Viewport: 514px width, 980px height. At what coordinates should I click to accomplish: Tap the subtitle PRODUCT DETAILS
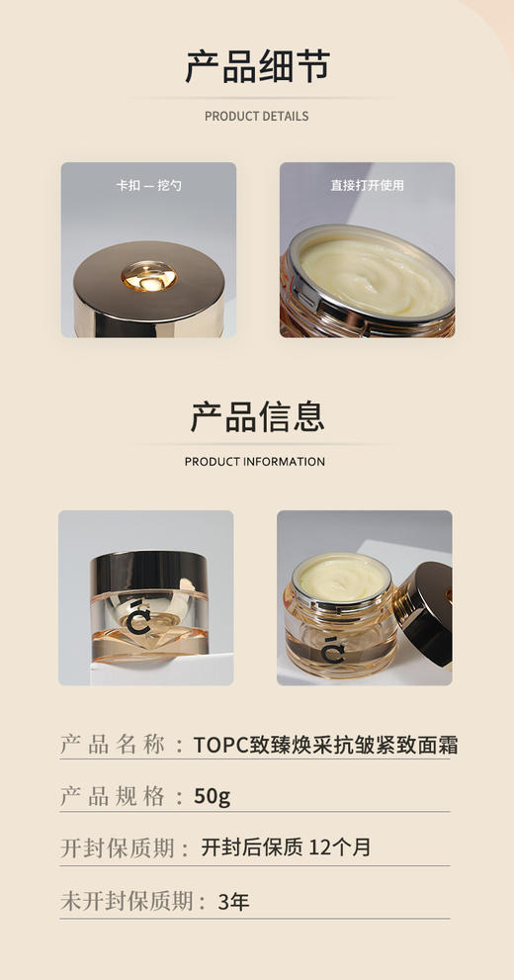256,116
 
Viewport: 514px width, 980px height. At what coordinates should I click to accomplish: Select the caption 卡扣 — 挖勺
148,185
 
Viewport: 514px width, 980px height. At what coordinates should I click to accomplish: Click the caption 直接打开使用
367,185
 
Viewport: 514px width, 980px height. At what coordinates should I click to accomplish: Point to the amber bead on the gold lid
145,276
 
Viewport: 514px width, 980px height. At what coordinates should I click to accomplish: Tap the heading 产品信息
257,416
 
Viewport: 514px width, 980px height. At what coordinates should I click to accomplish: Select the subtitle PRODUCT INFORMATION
255,462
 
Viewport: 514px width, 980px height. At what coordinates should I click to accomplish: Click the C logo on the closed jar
141,618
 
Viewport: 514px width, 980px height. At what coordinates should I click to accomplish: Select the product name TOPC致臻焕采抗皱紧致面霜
325,745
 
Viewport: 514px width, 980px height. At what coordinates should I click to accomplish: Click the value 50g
213,796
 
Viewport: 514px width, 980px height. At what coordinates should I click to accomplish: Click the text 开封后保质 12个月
286,847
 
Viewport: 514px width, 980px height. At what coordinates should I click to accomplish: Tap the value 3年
233,901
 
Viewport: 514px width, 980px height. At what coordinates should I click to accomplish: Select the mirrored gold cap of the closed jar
145,573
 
